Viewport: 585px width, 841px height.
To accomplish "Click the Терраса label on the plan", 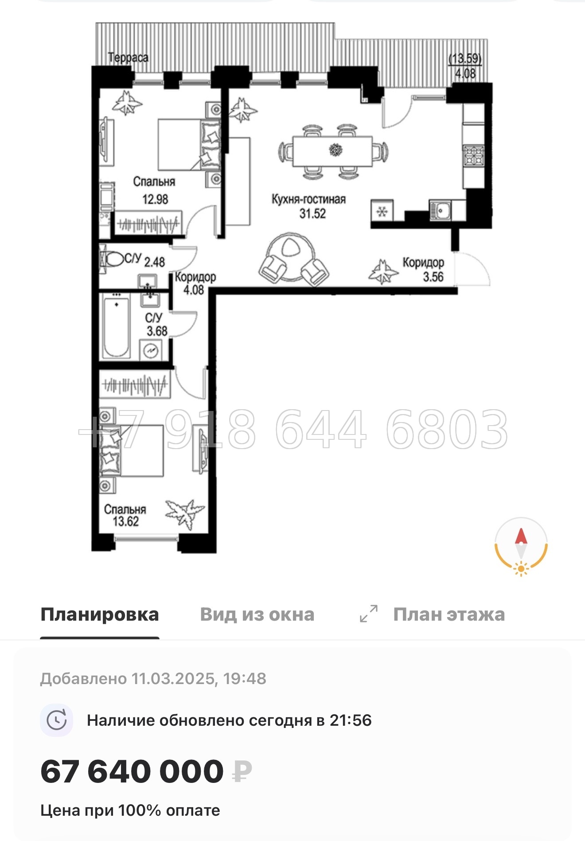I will pos(128,58).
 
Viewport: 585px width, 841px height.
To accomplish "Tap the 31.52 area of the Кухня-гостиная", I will pos(312,214).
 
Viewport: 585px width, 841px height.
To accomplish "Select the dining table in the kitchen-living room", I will pos(332,151).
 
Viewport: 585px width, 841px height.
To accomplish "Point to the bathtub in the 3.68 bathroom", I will pos(116,327).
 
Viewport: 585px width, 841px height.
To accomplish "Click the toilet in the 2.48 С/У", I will pos(113,259).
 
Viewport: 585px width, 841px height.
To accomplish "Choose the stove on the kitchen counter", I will pos(473,156).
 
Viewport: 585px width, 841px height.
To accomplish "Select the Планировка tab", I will pos(100,615).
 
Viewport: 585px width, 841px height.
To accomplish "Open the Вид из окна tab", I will pos(257,615).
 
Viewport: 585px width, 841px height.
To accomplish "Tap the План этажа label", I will pos(449,615).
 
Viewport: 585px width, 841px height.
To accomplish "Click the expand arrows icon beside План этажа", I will pos(369,614).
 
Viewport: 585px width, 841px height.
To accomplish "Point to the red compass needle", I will pos(521,536).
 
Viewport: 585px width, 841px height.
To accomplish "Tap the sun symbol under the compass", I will pos(521,568).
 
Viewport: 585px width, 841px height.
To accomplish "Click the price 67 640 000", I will pos(132,772).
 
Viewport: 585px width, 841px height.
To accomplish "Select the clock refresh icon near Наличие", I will pos(57,720).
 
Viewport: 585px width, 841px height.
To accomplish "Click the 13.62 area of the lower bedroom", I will pos(126,521).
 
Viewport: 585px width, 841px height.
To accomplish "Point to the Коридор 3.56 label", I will pos(423,270).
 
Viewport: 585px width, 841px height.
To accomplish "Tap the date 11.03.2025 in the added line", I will pos(173,679).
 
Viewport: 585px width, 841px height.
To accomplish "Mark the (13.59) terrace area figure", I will pos(465,59).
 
